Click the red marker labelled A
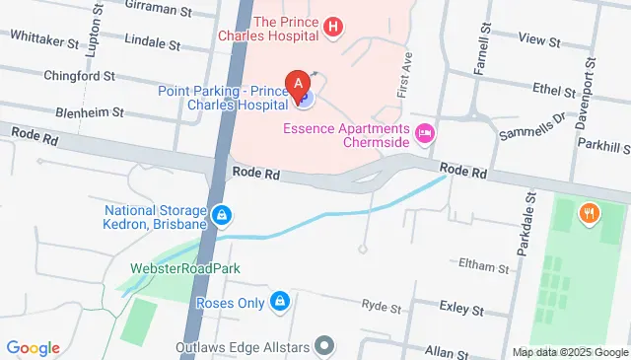[294, 83]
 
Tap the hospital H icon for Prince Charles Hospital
[333, 27]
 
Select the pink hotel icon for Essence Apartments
[426, 132]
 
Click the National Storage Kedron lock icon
[223, 214]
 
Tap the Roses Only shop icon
[280, 301]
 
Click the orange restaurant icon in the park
[590, 212]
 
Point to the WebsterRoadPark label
[185, 268]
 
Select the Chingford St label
[80, 75]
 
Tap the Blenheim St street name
[88, 112]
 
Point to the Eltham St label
[483, 266]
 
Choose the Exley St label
[460, 310]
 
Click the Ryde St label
[381, 307]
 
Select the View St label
[538, 42]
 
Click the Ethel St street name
[553, 90]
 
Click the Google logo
[33, 347]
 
